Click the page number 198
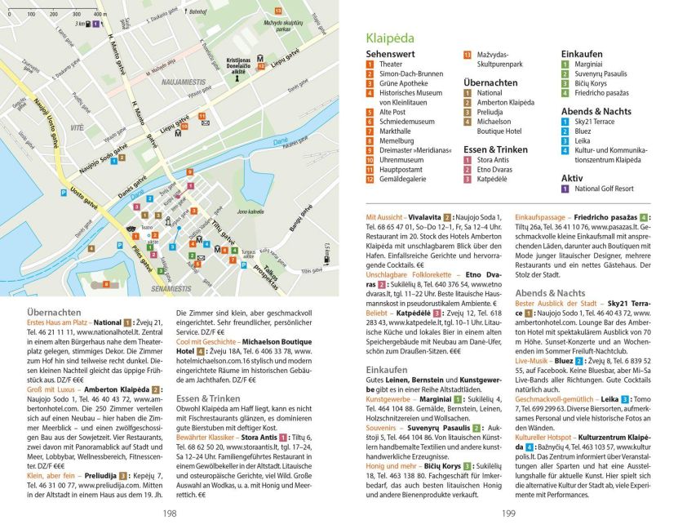coord(169,513)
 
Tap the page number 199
coord(507,513)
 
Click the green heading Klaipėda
coord(390,38)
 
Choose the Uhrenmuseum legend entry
coord(401,161)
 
